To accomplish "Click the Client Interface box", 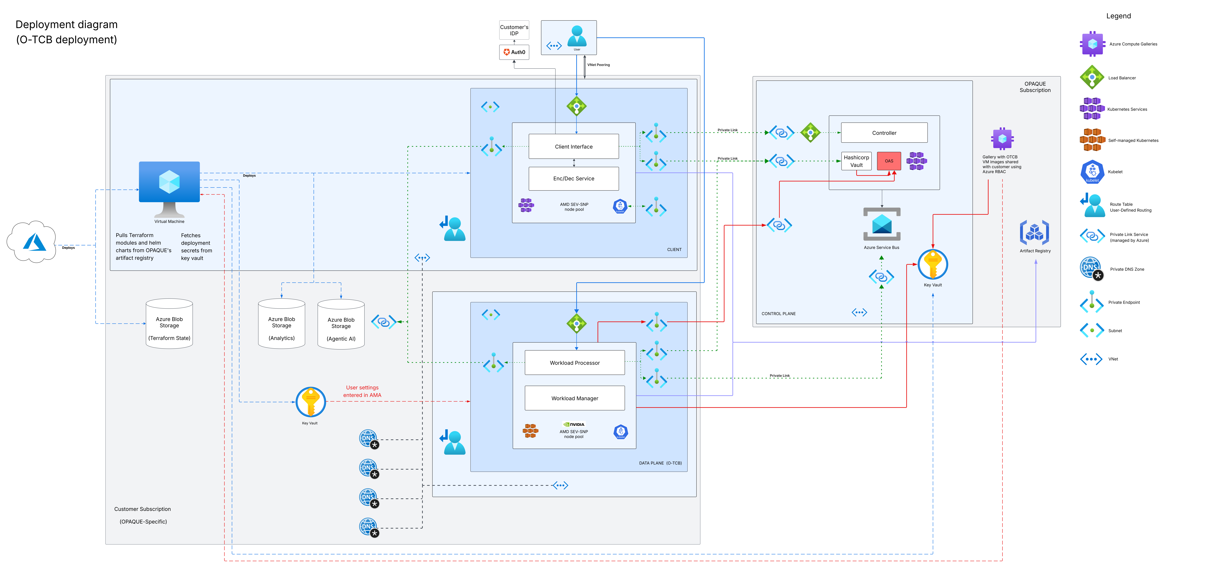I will pyautogui.click(x=573, y=147).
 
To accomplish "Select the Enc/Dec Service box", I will pyautogui.click(x=573, y=178).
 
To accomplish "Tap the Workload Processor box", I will pyautogui.click(x=574, y=362).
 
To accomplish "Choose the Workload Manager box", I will pyautogui.click(x=574, y=398).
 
